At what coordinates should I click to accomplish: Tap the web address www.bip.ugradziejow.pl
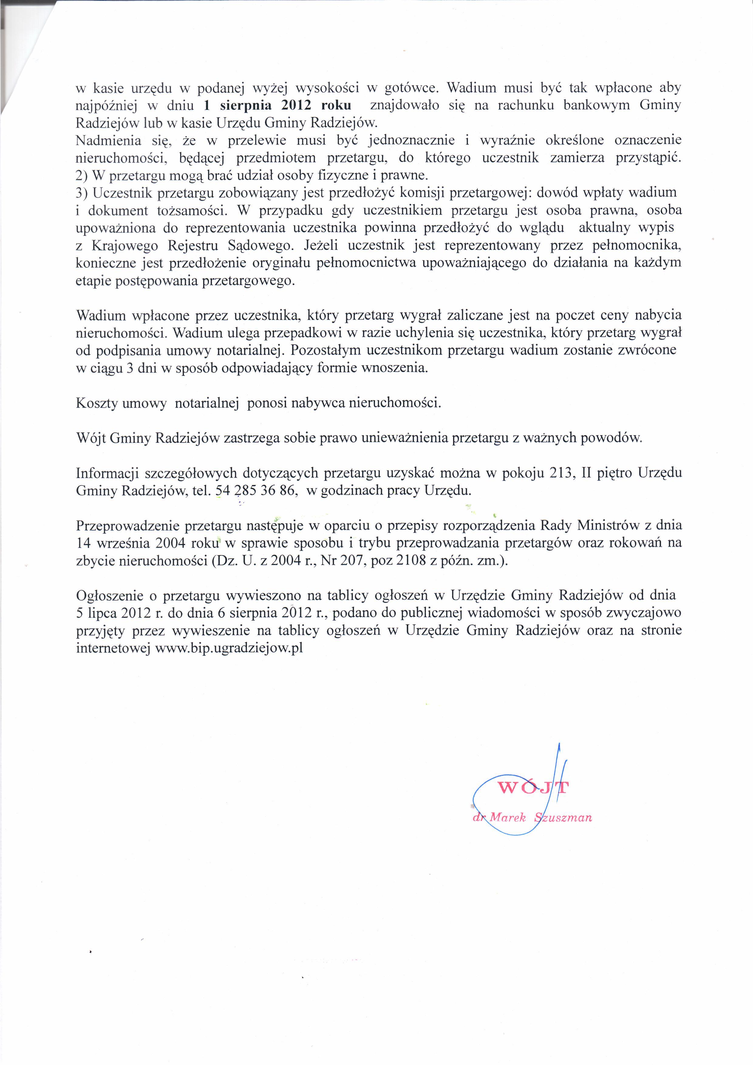click(x=229, y=648)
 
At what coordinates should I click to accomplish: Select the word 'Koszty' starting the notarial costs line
click(x=97, y=403)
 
